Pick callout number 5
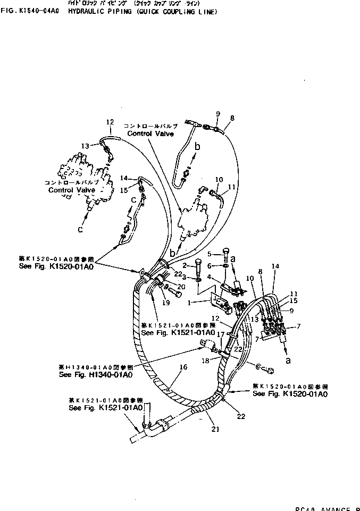pos(210,254)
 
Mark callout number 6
pos(210,265)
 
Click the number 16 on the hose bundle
pos(184,366)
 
